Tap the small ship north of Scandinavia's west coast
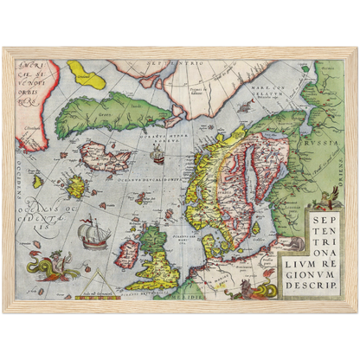click(x=157, y=157)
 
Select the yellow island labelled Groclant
click(x=88, y=75)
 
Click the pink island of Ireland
click(x=129, y=254)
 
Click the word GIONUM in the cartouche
click(x=316, y=269)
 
